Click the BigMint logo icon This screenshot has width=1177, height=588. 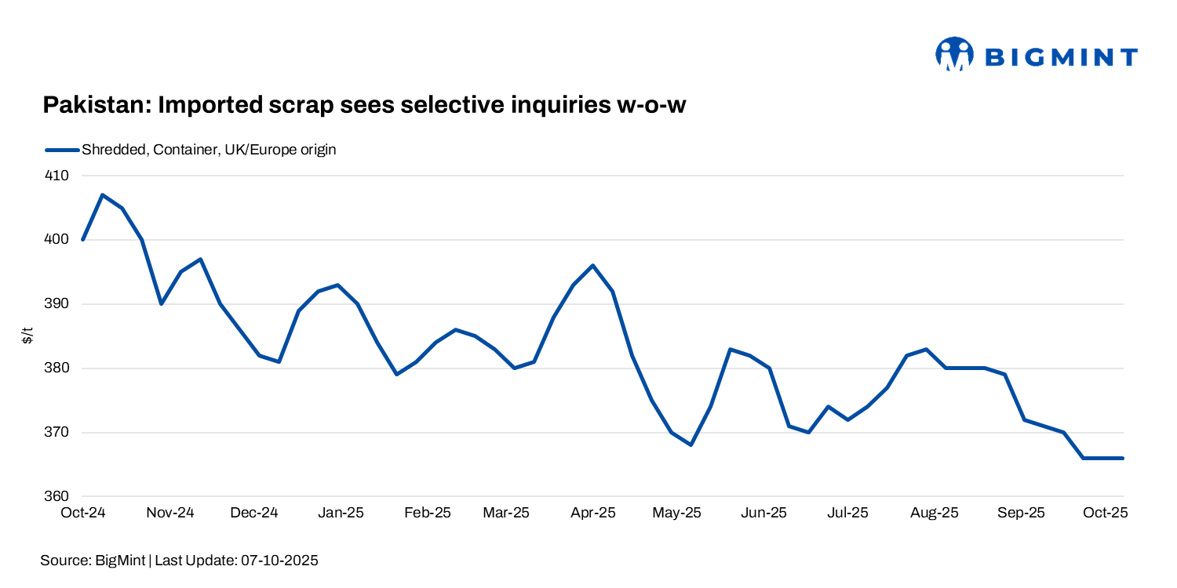[x=954, y=54]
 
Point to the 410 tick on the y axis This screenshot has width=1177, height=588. [x=58, y=176]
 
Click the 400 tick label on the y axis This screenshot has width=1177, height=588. [x=58, y=240]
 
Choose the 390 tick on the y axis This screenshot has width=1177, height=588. [x=58, y=304]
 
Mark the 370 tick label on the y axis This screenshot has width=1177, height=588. [x=58, y=433]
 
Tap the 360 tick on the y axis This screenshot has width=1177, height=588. [x=58, y=497]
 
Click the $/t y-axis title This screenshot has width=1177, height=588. [x=28, y=336]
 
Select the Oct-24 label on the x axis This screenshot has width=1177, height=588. [x=83, y=513]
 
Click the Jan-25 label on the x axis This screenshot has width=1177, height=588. [x=341, y=513]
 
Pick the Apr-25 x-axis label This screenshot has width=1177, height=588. [x=592, y=513]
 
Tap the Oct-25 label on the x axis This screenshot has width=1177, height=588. [x=1105, y=513]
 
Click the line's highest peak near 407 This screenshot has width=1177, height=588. [x=103, y=194]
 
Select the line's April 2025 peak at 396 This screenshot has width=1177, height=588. [x=593, y=265]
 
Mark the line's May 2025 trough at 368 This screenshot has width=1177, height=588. [x=691, y=445]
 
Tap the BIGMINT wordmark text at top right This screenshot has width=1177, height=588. [x=1060, y=56]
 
